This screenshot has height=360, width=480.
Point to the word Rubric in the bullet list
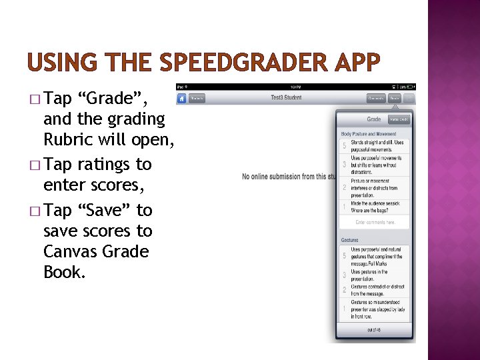point(69,140)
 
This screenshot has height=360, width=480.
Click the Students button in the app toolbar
point(197,98)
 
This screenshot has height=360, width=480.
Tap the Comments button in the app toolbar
point(375,98)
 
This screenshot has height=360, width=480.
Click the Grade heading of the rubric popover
point(374,119)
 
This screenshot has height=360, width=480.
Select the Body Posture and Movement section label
point(369,134)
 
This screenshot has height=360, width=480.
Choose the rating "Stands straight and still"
point(377,145)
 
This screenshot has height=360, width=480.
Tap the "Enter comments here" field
point(375,222)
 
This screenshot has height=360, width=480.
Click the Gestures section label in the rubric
point(349,239)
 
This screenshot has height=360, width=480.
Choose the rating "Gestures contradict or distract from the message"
point(377,290)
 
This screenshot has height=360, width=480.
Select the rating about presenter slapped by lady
point(377,309)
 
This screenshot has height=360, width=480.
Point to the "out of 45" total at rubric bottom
point(374,330)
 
